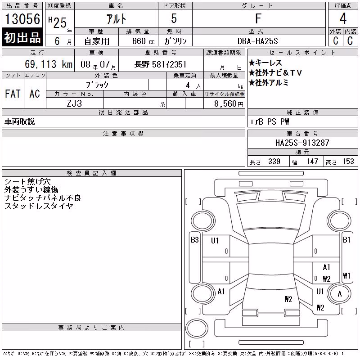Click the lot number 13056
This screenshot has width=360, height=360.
coord(22,19)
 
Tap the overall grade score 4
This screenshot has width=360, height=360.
coord(343,18)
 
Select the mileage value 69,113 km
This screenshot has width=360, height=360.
coord(49,64)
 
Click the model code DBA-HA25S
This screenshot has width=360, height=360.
coord(257,41)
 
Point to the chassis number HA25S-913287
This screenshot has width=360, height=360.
coord(302,143)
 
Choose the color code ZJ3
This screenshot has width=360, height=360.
coord(74,103)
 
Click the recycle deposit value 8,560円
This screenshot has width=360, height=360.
coord(229,104)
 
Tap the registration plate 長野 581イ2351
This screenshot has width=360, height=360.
coord(160,64)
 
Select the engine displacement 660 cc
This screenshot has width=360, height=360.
coord(143,41)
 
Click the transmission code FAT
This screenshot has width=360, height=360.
coord(13,94)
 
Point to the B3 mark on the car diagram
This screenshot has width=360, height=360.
coord(195,240)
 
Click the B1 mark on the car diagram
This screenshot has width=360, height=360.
coord(346,240)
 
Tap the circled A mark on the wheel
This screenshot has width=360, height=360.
coord(340,294)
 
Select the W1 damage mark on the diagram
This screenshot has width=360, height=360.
coord(346,275)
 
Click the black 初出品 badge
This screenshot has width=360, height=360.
coord(22,37)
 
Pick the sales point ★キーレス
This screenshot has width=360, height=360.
coord(265,63)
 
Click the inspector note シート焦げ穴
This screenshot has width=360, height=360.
coord(27,182)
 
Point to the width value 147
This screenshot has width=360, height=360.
coord(312,162)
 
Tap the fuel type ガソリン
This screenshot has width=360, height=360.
coord(175,41)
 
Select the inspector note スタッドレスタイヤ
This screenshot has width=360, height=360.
coord(39,206)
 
